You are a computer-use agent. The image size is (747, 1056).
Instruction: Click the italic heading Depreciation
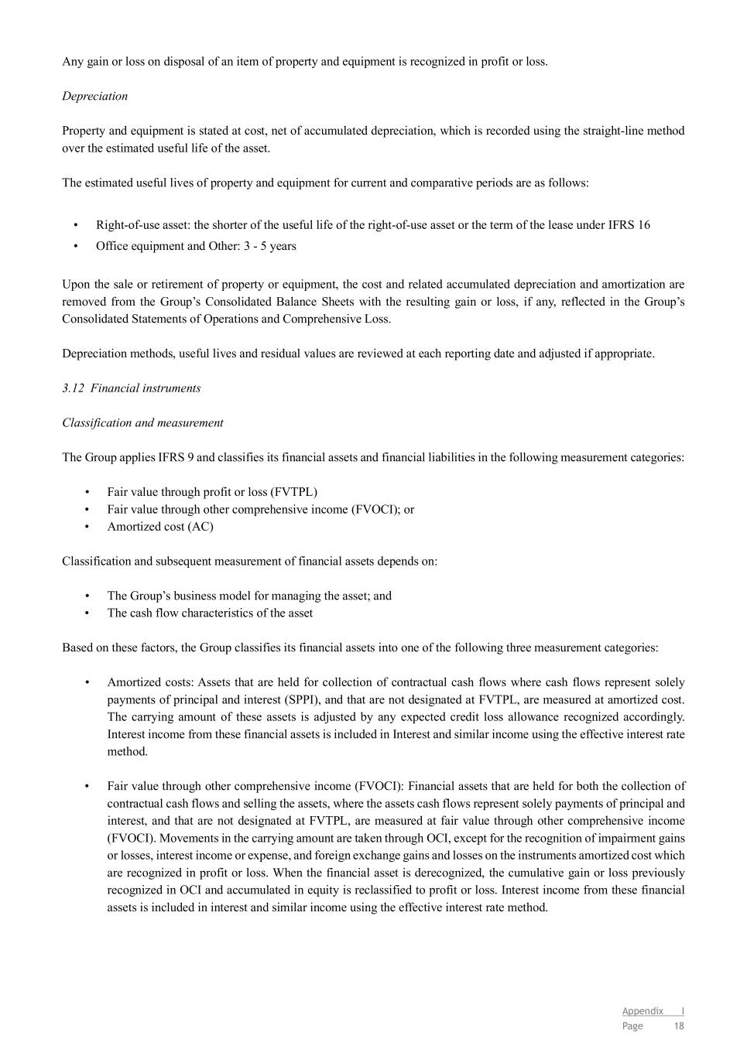tap(94, 96)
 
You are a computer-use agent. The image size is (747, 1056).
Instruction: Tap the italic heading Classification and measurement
tap(142, 423)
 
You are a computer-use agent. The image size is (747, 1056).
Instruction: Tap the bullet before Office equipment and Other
tap(76, 246)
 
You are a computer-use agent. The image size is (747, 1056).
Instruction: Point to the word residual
tap(285, 354)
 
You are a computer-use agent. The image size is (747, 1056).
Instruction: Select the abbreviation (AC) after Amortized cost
tap(200, 527)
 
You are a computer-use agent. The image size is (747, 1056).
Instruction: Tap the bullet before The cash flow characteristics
tap(87, 613)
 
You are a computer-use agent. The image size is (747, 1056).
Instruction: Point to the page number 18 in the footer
tap(679, 1027)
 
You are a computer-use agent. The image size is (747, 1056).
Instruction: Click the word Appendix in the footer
tap(642, 1011)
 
